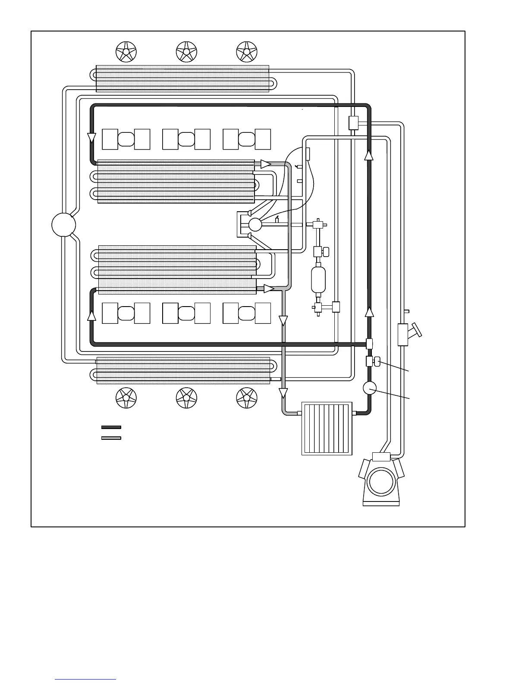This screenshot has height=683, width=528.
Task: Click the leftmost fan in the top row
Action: click(126, 52)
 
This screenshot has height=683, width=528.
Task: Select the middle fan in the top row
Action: click(186, 52)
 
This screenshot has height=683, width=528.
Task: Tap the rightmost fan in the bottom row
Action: click(247, 398)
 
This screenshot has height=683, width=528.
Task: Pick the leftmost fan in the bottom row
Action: click(126, 398)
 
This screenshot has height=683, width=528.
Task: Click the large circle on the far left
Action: click(63, 225)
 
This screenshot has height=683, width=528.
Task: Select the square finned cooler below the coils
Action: click(327, 429)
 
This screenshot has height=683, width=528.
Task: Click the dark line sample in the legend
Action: click(111, 427)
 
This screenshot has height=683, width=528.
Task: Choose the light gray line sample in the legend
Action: click(111, 438)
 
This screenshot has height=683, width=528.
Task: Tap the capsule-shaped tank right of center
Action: click(318, 280)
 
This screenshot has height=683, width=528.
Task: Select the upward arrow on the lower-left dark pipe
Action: click(91, 316)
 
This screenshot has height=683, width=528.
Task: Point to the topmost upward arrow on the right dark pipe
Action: click(368, 155)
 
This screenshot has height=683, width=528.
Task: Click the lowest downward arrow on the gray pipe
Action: click(283, 393)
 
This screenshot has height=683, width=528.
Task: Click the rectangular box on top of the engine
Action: click(381, 457)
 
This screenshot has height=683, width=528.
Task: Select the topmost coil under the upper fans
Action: click(182, 78)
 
